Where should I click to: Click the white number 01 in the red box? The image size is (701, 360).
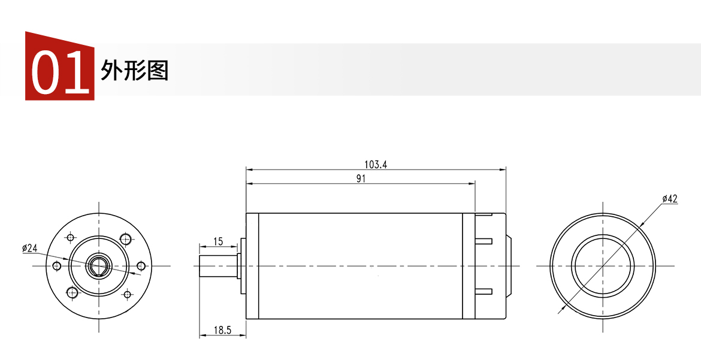click(60, 72)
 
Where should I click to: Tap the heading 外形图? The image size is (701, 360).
click(134, 70)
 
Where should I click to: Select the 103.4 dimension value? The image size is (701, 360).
click(376, 164)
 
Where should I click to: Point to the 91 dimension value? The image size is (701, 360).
click(361, 179)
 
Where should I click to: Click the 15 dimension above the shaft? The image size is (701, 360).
click(217, 241)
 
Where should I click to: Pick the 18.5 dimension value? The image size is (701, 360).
click(222, 330)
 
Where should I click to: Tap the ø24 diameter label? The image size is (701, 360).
click(30, 248)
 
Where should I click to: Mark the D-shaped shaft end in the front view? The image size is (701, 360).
click(98, 266)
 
